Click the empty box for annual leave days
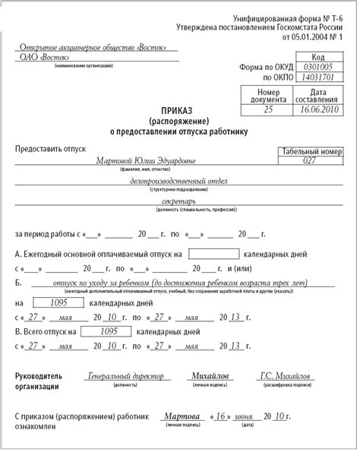click(213, 253)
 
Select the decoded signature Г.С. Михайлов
click(286, 376)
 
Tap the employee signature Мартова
click(183, 417)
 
